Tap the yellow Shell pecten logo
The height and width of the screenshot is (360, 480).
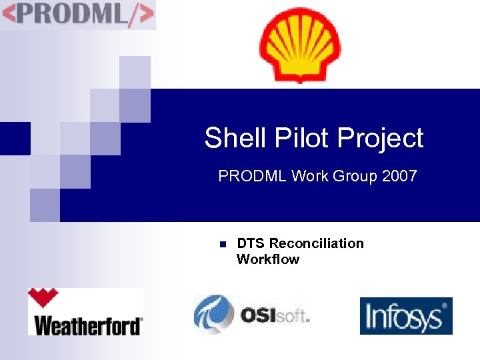tap(299, 45)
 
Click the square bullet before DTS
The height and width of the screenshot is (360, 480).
tap(222, 244)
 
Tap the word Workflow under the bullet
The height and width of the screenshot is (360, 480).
tap(268, 259)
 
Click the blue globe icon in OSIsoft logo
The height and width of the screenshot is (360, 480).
tap(213, 314)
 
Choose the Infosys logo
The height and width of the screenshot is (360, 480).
tap(405, 316)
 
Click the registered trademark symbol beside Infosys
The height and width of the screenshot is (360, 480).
tap(445, 305)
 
